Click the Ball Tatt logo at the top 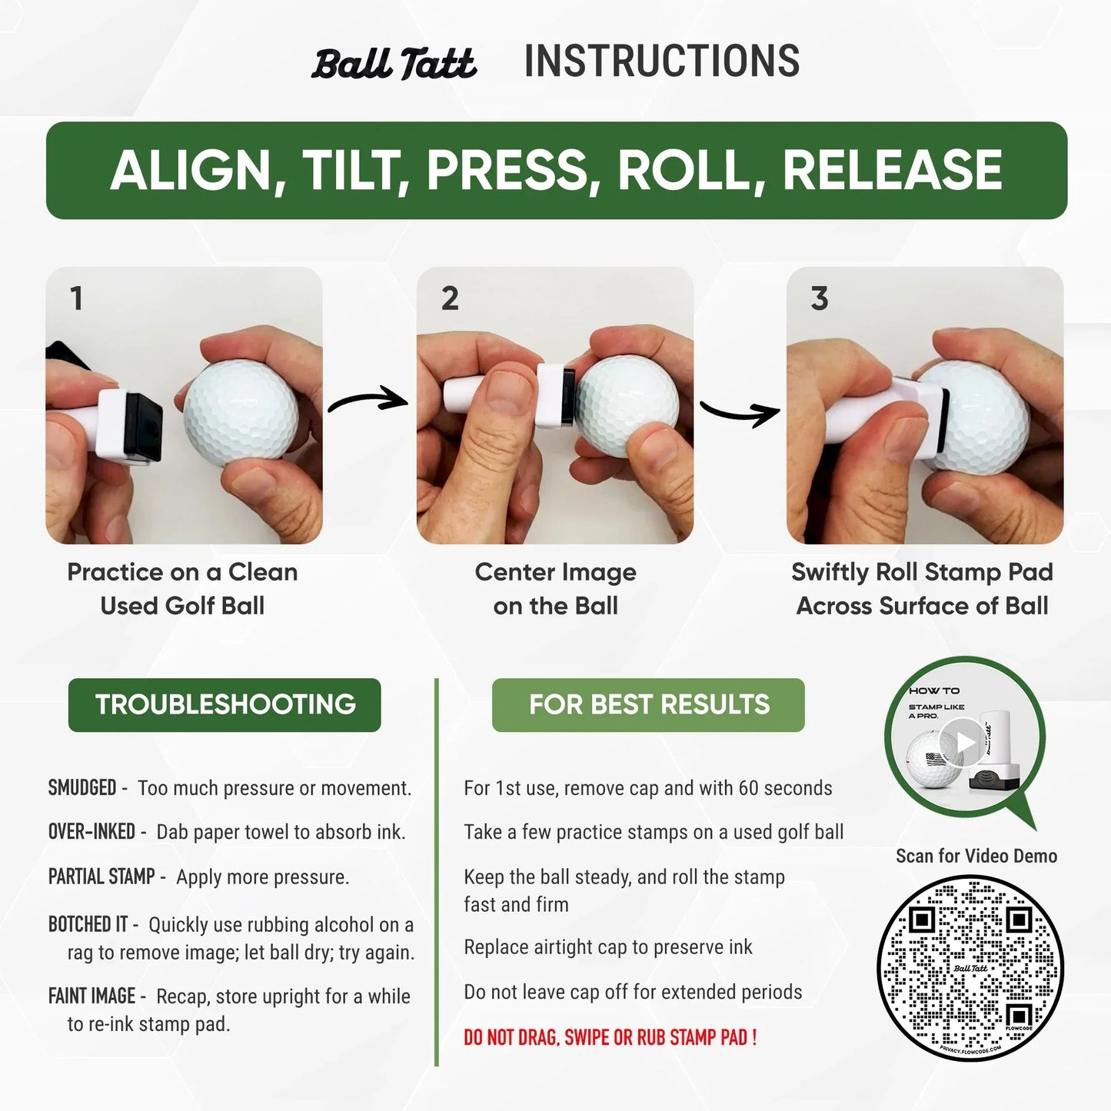click(394, 64)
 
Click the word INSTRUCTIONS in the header click(661, 62)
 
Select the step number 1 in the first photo click(76, 298)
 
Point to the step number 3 click(820, 298)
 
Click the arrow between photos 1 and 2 click(368, 401)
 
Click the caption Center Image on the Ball click(555, 589)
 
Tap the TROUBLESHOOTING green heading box click(225, 704)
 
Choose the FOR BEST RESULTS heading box click(648, 704)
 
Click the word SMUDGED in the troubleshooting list click(82, 788)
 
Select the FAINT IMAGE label click(91, 996)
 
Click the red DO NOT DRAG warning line click(610, 1037)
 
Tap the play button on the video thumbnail click(964, 742)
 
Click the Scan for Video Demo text click(976, 856)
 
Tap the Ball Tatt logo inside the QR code click(970, 969)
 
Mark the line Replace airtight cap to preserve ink click(607, 947)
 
